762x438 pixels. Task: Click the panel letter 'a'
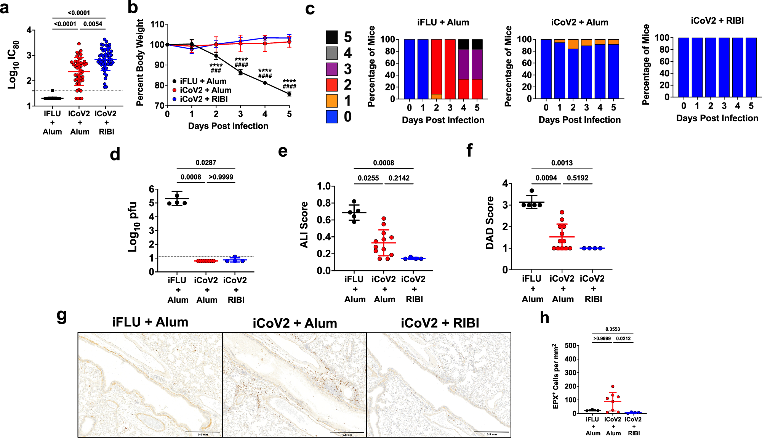point(5,8)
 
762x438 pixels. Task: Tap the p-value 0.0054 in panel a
point(93,24)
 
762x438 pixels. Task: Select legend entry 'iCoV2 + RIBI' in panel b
point(203,99)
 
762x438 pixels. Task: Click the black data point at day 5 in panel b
point(289,94)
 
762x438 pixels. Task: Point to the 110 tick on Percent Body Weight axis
point(157,24)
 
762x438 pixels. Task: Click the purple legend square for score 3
point(332,69)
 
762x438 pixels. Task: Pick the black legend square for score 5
point(332,37)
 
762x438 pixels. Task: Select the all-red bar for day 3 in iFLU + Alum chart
point(450,69)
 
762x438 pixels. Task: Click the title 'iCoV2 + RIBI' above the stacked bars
point(717,21)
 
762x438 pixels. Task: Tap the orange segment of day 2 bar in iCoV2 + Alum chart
point(573,44)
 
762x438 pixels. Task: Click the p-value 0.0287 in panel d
point(206,163)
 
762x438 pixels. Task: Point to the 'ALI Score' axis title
point(304,225)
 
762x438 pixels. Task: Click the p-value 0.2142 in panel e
point(399,178)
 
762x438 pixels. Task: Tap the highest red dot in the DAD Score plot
point(562,212)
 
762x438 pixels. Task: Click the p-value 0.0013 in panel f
point(562,163)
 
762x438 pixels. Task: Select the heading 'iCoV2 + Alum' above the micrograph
point(295,323)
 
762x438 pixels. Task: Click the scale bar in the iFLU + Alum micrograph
point(203,432)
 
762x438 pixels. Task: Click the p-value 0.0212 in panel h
point(623,339)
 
